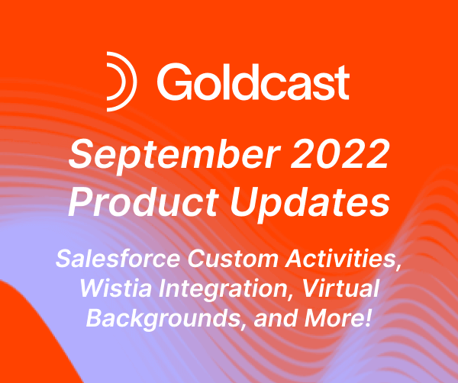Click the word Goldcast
(253, 79)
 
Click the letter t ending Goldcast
(343, 79)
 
